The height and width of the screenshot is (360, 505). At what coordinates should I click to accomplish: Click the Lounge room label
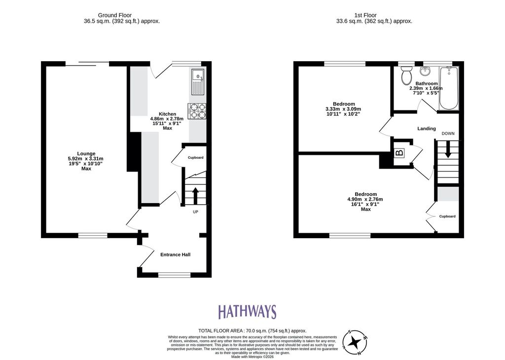click(86, 153)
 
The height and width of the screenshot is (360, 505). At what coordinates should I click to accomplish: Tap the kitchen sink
click(197, 82)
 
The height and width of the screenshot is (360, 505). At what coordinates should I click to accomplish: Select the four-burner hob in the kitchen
click(197, 111)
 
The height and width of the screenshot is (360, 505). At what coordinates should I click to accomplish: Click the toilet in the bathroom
click(406, 74)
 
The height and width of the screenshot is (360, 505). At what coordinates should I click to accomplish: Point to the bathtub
click(449, 88)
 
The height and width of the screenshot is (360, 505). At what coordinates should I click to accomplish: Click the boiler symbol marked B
click(399, 152)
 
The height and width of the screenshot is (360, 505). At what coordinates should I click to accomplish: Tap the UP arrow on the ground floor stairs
click(195, 195)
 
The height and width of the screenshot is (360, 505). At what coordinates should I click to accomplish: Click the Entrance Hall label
click(175, 254)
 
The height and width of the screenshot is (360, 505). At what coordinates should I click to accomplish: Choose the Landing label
click(427, 129)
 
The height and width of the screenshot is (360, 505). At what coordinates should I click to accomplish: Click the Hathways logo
click(247, 312)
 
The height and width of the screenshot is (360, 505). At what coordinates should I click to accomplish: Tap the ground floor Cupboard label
click(195, 157)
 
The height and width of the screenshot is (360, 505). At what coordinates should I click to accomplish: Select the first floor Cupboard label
click(447, 216)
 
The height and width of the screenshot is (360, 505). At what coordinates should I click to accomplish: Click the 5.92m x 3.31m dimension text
click(86, 158)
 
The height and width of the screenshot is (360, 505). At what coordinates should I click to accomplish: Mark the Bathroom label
click(427, 83)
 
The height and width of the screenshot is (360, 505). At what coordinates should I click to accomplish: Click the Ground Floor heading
click(114, 15)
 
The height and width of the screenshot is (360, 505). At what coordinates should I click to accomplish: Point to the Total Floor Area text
click(252, 330)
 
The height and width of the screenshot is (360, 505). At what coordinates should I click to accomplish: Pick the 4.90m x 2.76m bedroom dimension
click(365, 199)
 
